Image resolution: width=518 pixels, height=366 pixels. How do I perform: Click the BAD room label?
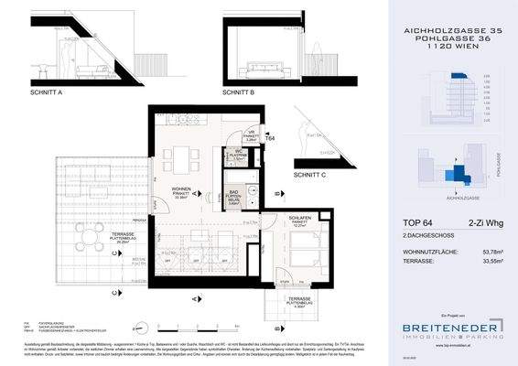point(234,195)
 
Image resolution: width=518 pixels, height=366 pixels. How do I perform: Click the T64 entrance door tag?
point(270,138)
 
